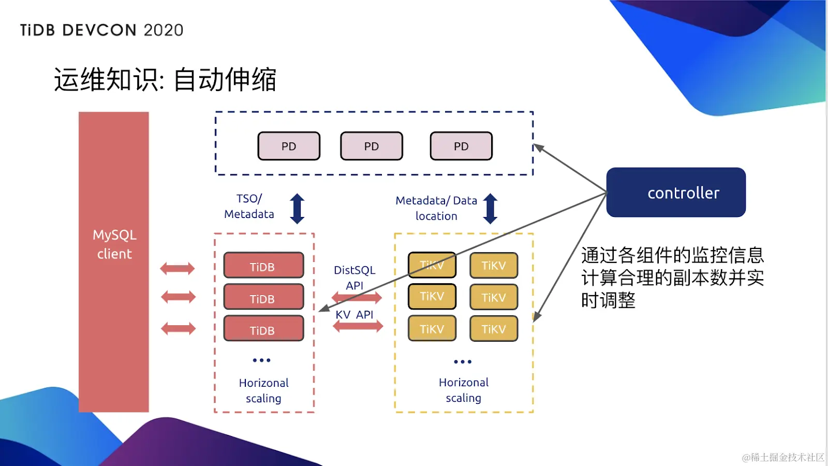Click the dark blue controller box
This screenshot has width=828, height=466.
point(676,192)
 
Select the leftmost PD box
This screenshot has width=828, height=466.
point(289,146)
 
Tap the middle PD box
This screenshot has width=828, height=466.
point(372,146)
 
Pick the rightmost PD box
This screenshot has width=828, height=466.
point(461,146)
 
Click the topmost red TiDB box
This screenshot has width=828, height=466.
point(263,265)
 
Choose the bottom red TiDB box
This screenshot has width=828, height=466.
point(263,328)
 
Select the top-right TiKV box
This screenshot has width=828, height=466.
point(494,265)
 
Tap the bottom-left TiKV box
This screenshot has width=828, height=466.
point(432,328)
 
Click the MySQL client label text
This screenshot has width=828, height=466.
point(114,244)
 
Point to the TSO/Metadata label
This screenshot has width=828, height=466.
point(249,207)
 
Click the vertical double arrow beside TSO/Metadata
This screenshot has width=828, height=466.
point(297,209)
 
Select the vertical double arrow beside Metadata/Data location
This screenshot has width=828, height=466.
point(490,209)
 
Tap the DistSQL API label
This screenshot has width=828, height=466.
point(354,278)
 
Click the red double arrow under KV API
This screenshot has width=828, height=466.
point(358,326)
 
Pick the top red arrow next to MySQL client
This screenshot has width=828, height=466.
point(178,269)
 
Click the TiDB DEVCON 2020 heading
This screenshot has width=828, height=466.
point(101,31)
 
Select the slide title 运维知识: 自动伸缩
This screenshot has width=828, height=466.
point(165,80)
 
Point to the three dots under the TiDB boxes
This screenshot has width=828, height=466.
point(262,360)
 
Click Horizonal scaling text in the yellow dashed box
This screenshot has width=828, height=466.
point(464,390)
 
